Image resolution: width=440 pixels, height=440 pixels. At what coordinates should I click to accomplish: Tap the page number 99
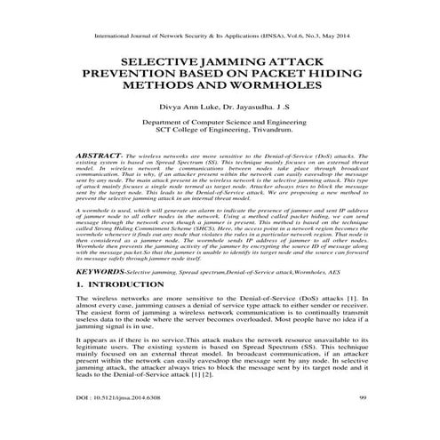point(364,420)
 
